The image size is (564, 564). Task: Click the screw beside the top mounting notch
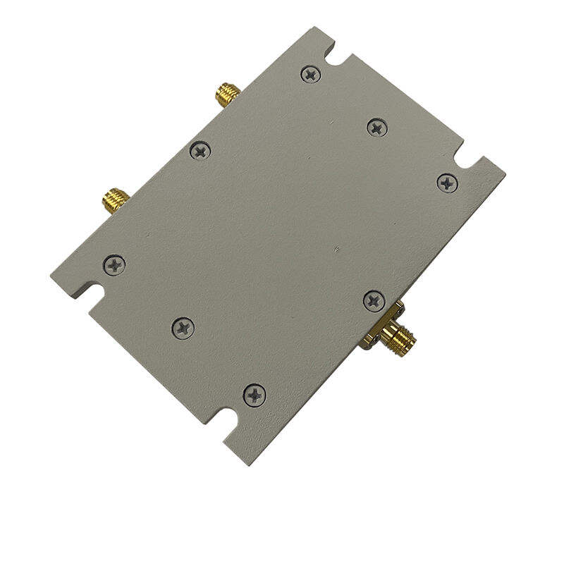(309, 74)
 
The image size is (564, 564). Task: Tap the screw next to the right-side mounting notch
(447, 183)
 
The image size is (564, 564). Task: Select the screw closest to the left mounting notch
(114, 265)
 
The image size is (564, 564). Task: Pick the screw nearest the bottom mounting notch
(254, 395)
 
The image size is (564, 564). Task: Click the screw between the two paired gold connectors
(200, 150)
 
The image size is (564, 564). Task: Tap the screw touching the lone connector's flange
(374, 300)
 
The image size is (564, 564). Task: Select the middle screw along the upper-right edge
(377, 127)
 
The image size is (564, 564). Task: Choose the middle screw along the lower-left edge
(183, 327)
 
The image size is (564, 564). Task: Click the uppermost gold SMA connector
(227, 93)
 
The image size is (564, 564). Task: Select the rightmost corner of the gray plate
(505, 171)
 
